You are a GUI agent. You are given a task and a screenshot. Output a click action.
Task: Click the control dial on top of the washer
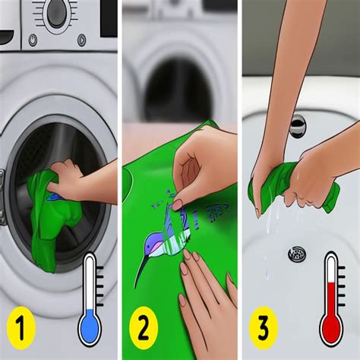[56, 12]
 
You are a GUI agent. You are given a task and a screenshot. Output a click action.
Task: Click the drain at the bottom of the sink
[297, 254]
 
